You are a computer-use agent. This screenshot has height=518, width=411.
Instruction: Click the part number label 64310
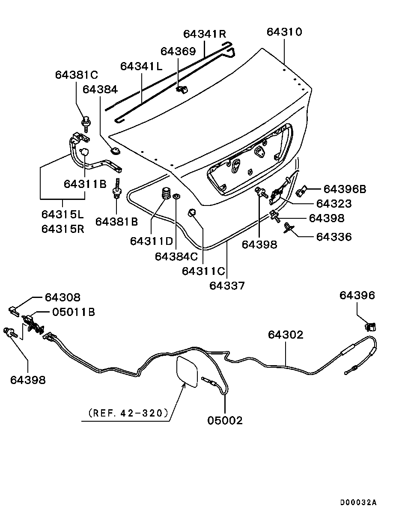[284, 32]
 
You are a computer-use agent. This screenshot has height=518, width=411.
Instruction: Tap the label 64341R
[204, 34]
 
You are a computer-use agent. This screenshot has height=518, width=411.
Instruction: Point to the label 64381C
[76, 75]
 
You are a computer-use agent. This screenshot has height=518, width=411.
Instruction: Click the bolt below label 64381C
[85, 122]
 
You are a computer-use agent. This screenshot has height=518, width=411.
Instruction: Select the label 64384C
[176, 256]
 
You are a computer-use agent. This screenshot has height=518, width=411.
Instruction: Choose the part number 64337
[227, 285]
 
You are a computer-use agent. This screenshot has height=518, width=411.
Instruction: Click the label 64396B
[345, 189]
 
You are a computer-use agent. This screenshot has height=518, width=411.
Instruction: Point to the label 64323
[334, 204]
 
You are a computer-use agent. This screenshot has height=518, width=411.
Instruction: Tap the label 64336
[334, 237]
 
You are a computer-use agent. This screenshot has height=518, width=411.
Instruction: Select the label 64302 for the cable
[286, 335]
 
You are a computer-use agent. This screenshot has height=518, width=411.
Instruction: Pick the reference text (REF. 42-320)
[127, 413]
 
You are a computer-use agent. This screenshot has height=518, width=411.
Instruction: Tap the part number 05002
[225, 420]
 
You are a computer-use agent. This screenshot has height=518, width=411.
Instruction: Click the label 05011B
[73, 312]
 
